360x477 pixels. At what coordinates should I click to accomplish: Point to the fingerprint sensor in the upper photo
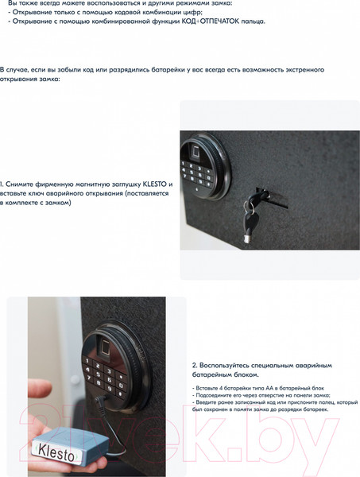click(193, 151)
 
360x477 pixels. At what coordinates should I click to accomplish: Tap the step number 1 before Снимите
click(2, 183)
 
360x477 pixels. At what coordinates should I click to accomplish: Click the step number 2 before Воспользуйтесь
click(195, 364)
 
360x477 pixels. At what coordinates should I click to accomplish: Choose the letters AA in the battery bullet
click(255, 386)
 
